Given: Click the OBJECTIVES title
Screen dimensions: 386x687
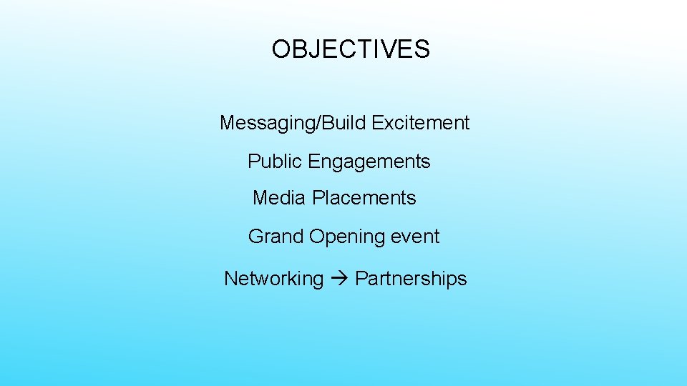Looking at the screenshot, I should [x=351, y=49].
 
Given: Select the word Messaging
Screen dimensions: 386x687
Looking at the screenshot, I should [x=268, y=124].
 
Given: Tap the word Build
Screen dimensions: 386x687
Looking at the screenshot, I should [x=345, y=123].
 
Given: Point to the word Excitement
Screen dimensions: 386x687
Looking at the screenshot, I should [x=421, y=123].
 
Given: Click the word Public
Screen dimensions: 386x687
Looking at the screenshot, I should [x=275, y=162].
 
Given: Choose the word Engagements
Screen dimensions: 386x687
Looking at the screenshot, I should [x=369, y=162].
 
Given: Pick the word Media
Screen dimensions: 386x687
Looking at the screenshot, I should [x=280, y=197].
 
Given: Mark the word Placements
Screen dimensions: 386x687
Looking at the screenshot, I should [x=364, y=197].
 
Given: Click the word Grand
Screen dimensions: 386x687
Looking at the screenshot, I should [x=276, y=237].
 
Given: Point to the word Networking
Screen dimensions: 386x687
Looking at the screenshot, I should [x=274, y=279].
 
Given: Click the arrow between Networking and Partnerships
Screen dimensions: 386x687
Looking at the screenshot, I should [x=339, y=279].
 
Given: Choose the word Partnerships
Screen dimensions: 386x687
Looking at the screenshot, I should [x=411, y=279].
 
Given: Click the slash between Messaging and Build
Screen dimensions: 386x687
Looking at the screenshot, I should [x=318, y=123].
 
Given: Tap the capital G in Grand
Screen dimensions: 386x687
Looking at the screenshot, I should [x=255, y=237].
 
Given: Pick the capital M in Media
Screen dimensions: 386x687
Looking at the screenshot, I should [x=260, y=197].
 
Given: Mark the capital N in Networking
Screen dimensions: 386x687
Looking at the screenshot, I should [x=230, y=279].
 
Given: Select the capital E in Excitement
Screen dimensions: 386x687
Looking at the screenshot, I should [x=377, y=123].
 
